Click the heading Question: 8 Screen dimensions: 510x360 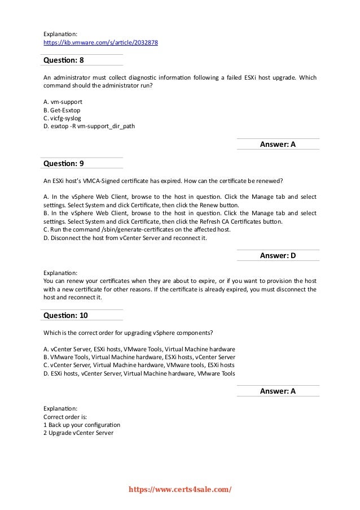tap(64, 60)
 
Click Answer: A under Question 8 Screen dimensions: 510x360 tap(278, 145)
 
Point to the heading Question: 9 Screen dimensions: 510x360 tap(64, 163)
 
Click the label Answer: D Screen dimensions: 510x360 tap(278, 256)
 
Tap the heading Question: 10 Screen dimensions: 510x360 tap(65, 315)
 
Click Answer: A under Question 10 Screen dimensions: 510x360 tap(278, 391)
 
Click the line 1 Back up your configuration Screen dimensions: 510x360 tap(81, 425)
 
